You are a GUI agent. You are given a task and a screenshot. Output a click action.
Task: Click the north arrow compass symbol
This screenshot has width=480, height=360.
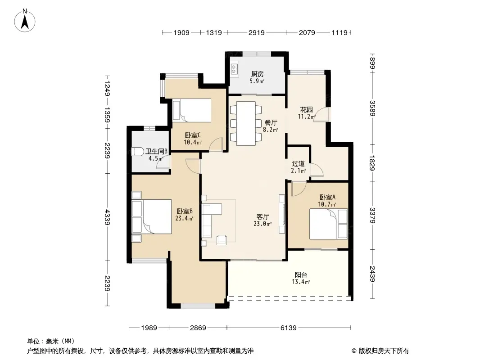(x=25, y=20)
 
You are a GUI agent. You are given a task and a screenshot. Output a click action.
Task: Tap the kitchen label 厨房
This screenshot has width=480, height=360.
(x=258, y=74)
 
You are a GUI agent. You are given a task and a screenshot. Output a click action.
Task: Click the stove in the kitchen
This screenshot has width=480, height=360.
(x=235, y=69)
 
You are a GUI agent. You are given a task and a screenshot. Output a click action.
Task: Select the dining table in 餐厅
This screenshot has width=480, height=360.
(x=246, y=123)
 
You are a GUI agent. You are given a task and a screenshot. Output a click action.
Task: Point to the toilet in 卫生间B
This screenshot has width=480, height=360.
(x=138, y=152)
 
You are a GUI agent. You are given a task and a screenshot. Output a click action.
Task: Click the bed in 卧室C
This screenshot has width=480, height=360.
(x=192, y=110)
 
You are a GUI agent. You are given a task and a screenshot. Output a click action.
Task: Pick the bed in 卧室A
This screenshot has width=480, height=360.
(x=328, y=224)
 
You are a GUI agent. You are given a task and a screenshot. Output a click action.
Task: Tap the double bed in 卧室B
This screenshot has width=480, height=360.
(x=152, y=216)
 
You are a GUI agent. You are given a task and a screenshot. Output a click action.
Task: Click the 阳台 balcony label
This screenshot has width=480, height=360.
(x=301, y=274)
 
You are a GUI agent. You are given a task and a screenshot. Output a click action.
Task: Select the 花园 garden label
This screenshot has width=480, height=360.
(x=307, y=109)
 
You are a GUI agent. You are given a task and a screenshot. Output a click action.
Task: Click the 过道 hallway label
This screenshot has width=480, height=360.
(x=298, y=164)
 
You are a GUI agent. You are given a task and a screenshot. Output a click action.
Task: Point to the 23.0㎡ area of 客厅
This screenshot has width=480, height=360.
(x=263, y=224)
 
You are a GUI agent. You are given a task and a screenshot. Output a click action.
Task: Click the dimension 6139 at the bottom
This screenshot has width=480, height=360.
(x=288, y=328)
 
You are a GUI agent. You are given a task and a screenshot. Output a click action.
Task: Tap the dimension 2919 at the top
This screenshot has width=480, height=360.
(x=257, y=32)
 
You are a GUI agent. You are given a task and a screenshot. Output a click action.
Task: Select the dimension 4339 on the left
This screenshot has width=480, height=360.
(x=107, y=217)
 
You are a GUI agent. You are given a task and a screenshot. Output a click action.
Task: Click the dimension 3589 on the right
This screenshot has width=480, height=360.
(x=372, y=108)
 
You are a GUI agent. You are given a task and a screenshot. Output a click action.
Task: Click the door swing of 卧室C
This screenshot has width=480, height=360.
(x=216, y=144)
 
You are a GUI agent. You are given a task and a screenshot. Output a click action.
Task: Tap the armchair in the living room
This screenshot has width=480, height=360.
(x=222, y=239)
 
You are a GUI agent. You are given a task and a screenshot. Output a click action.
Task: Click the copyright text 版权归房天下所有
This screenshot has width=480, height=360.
(x=384, y=351)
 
